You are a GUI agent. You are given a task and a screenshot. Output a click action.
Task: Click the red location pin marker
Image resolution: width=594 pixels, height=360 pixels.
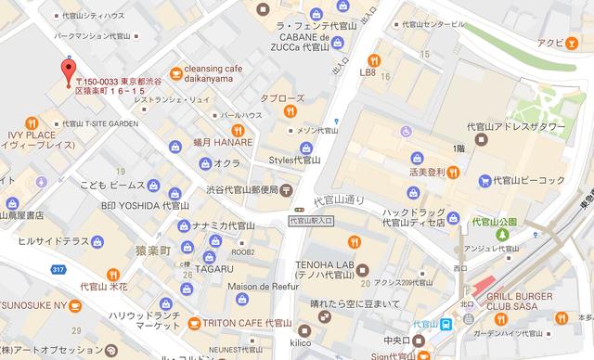[x=67, y=71]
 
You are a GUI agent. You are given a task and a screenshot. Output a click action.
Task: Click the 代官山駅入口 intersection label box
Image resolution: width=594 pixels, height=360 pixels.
[x=311, y=220]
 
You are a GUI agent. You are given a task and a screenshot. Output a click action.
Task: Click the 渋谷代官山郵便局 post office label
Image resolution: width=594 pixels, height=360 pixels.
[x=243, y=190]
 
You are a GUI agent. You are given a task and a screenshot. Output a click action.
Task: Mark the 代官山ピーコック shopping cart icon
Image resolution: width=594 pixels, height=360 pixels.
[x=484, y=179]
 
